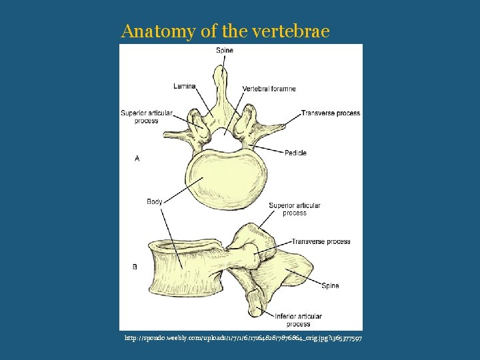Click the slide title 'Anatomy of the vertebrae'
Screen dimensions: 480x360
[x=225, y=31]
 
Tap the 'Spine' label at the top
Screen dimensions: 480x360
[x=225, y=51]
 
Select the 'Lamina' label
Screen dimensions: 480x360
[x=184, y=86]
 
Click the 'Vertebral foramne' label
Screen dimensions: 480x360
[x=269, y=89]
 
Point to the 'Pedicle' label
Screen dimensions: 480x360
[x=295, y=153]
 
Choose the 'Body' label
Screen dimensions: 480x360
[x=155, y=201]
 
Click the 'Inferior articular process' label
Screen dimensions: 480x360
[x=298, y=320]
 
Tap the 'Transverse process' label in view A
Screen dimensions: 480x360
[x=330, y=113]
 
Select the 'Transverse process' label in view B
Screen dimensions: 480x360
[x=321, y=241]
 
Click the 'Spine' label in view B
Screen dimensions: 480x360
[x=330, y=285]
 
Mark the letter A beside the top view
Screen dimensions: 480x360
[x=137, y=158]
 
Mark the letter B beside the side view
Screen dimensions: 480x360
[x=135, y=267]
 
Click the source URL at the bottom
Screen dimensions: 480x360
[x=243, y=339]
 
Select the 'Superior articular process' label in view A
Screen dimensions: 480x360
[x=146, y=117]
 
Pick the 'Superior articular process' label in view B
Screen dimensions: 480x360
[x=294, y=209]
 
